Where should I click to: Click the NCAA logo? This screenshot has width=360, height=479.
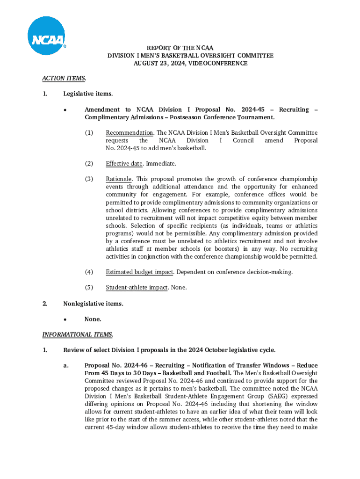point(46,36)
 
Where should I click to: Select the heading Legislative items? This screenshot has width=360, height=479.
point(88,94)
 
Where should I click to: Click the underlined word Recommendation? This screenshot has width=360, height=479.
point(129,133)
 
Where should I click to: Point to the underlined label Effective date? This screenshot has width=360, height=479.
point(124,164)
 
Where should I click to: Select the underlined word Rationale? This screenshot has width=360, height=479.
point(119,179)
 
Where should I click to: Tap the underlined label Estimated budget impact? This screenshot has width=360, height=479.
point(140,272)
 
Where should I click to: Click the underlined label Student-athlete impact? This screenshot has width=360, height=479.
point(137,287)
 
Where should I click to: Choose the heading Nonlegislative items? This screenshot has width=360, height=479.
point(93,304)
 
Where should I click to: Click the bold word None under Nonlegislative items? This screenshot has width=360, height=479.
point(93,319)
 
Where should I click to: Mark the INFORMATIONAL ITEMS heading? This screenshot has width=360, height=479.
point(78,334)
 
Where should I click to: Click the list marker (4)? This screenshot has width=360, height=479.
point(89,272)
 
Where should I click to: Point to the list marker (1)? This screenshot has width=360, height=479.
point(89,133)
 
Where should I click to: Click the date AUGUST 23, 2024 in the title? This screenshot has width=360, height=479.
point(154,63)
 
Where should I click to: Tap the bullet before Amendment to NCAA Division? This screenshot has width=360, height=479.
point(67,110)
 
